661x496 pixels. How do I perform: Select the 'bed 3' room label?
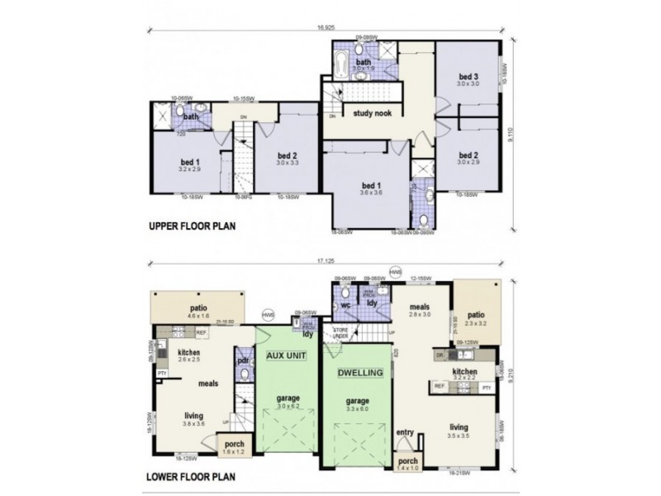[x=468, y=78]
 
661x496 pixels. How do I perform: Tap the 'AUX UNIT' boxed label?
[x=287, y=355]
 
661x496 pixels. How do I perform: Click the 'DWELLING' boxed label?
[x=360, y=373]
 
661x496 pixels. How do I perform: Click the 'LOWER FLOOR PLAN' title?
[x=189, y=476]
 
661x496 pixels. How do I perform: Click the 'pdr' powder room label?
[x=243, y=361]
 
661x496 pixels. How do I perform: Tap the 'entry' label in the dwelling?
[x=405, y=432]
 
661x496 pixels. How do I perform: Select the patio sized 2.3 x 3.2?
[x=476, y=317]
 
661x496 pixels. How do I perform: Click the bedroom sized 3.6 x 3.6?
[x=369, y=188]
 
